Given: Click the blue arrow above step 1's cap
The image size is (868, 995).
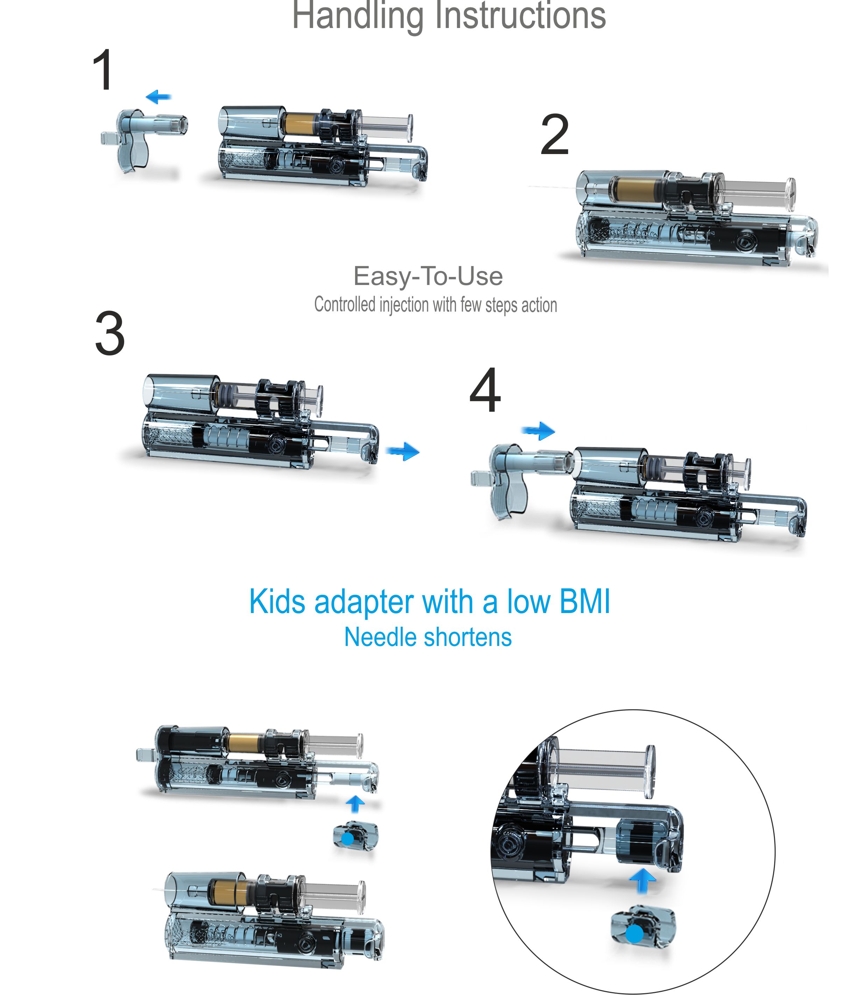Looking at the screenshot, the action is (158, 97).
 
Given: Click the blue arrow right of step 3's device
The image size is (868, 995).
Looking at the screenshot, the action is (403, 451).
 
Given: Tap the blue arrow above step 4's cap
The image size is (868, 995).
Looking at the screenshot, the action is (538, 430).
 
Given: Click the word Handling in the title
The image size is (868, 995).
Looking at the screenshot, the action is (358, 16).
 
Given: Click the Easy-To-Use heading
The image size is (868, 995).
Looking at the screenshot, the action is (428, 276).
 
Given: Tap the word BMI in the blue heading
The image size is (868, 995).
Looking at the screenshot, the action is (584, 601).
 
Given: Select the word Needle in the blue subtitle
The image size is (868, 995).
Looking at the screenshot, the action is (376, 637).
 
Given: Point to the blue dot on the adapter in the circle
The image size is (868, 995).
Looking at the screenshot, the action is (635, 934).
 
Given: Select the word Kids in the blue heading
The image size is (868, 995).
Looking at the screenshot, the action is (277, 601).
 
